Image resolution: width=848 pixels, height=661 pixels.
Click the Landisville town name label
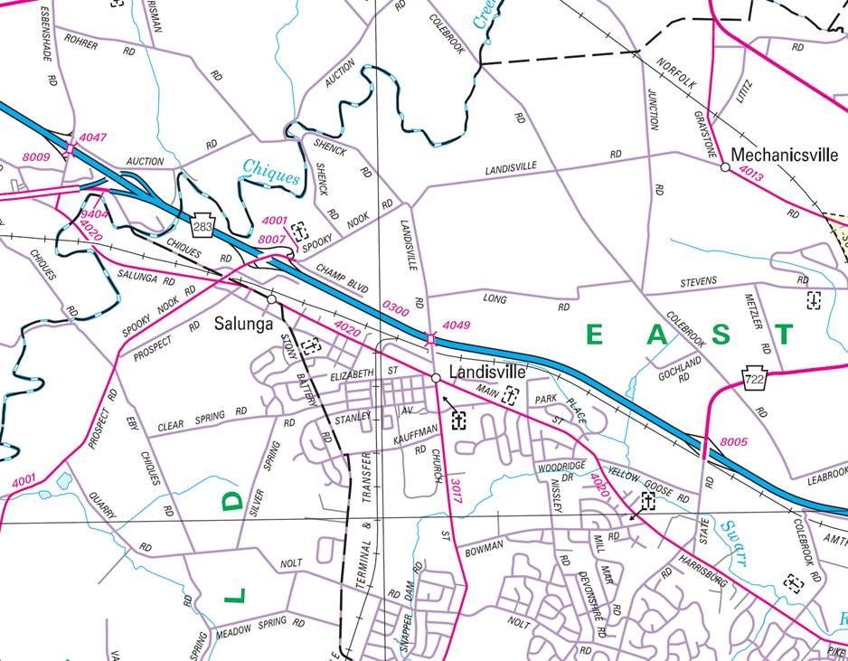[x=487, y=373]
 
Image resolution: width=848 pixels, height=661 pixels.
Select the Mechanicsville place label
[x=784, y=155]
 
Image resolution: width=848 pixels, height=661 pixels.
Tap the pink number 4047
[x=92, y=137]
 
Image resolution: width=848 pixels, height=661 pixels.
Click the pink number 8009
[x=36, y=157]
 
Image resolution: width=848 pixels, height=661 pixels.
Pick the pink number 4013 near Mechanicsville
[x=750, y=174]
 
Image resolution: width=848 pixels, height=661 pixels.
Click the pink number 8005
[x=734, y=441]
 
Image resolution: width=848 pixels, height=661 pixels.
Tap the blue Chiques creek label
[x=270, y=172]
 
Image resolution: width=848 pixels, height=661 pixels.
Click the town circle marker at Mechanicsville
[x=725, y=167]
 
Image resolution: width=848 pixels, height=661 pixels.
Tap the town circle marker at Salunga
[x=271, y=298]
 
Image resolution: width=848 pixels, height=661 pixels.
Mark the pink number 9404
[x=93, y=214]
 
